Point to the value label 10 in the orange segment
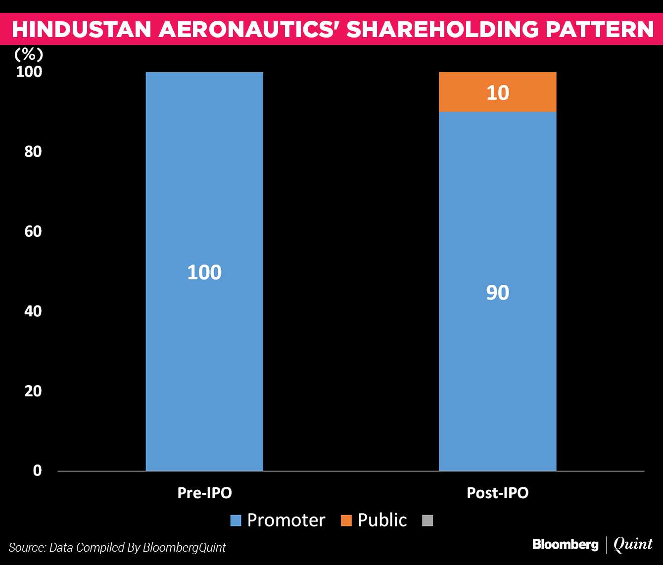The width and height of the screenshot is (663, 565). pyautogui.click(x=498, y=93)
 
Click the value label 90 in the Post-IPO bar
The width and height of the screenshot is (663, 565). pyautogui.click(x=497, y=293)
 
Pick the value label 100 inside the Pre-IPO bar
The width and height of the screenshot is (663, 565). pyautogui.click(x=204, y=272)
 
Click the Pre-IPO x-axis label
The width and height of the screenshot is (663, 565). pyautogui.click(x=204, y=493)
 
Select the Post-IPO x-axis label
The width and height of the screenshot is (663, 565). pyautogui.click(x=498, y=493)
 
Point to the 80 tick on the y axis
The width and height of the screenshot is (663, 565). pyautogui.click(x=33, y=151)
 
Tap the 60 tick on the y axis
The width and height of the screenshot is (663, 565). pyautogui.click(x=33, y=231)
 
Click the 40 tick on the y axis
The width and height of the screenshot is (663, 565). pyautogui.click(x=33, y=311)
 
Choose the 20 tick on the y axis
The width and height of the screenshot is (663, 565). pyautogui.click(x=33, y=391)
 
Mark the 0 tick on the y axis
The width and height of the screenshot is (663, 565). pyautogui.click(x=37, y=471)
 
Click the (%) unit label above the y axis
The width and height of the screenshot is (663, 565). pyautogui.click(x=29, y=54)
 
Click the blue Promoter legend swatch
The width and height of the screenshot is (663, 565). pyautogui.click(x=236, y=521)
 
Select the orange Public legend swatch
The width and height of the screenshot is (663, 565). pyautogui.click(x=346, y=521)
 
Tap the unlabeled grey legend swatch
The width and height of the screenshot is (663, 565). pyautogui.click(x=427, y=521)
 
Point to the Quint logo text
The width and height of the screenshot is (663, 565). pyautogui.click(x=633, y=545)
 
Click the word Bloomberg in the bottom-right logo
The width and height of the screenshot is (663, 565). pyautogui.click(x=565, y=545)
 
